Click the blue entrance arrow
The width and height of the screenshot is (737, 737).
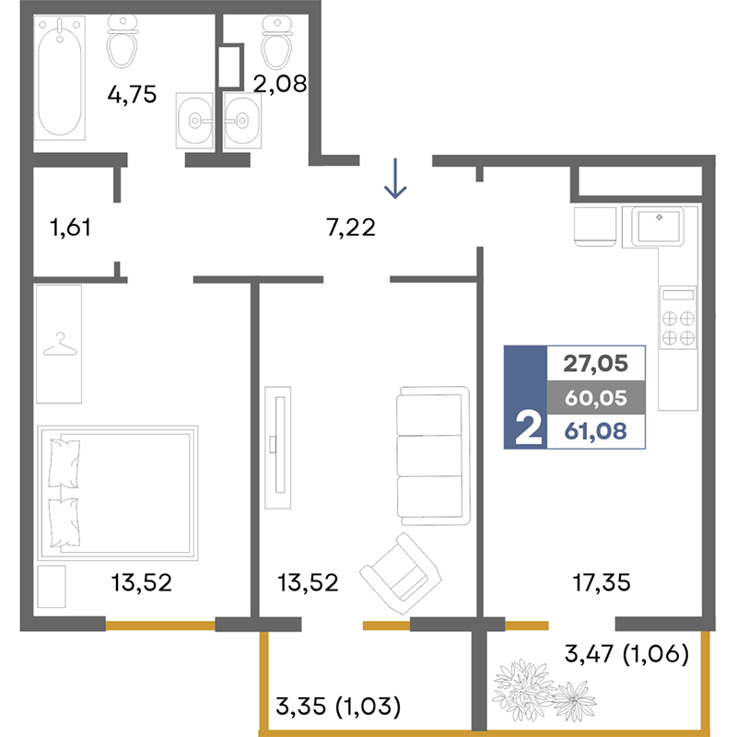395,178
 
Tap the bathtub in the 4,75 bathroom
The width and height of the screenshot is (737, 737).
60,77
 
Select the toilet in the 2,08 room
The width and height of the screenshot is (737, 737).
277,41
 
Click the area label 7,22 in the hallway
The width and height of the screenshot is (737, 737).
351,228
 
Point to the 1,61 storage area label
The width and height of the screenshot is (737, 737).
70,228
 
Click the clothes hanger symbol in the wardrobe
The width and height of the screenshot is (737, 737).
60,345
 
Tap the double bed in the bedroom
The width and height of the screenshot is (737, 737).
118,493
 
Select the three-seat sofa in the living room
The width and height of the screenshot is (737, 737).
433,455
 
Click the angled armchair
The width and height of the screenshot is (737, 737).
401,573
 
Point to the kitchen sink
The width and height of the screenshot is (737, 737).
658,227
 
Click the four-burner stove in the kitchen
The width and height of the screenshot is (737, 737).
678,318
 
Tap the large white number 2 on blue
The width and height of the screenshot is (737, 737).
528,427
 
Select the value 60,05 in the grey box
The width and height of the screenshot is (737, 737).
595,398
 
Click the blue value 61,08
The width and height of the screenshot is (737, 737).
595,431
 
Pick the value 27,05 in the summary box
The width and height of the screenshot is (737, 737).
595,363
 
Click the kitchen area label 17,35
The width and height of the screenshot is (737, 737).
602,583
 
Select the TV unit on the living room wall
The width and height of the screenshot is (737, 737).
278,448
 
